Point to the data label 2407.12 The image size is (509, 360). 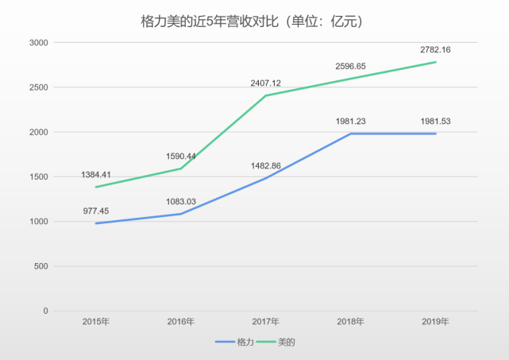pos(266,83)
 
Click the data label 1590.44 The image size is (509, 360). pos(181,157)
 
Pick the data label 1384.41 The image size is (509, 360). pos(97,174)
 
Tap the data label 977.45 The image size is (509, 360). pos(97,211)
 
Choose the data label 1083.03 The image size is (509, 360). pos(181,202)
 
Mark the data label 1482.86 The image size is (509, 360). pos(266,165)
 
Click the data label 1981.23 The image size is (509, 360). pos(350,121)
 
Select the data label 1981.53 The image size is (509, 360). pos(436,121)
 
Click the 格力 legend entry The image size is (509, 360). pos(234,342)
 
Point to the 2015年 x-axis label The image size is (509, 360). pos(97,322)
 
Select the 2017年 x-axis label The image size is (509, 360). pos(266,322)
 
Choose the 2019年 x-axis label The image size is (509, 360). pos(436,322)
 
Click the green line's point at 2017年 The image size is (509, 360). pos(266,95)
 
